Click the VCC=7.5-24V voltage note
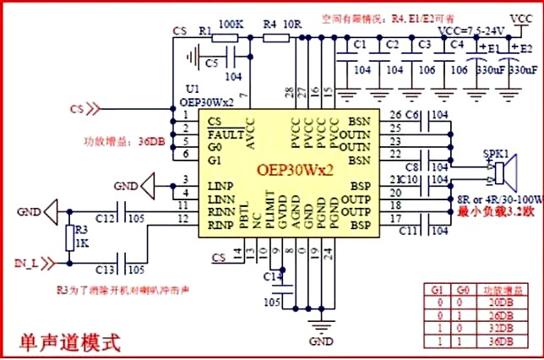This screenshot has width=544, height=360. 469,29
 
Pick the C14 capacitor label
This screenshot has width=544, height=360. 271,276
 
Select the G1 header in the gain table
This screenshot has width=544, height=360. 435,289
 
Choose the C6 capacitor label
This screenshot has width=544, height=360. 411,115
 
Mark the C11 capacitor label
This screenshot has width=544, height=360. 412,230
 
